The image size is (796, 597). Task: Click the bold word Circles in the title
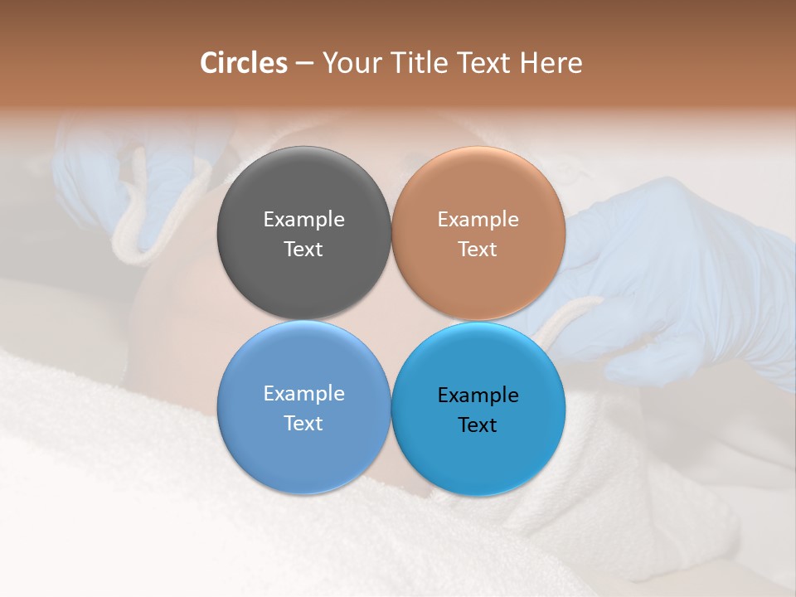tap(244, 63)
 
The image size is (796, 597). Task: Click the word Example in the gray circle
tap(303, 220)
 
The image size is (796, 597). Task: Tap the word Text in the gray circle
tap(303, 250)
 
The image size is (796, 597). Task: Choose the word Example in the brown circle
tap(478, 220)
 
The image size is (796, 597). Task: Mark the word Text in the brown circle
tap(478, 250)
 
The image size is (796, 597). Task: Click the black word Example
tap(478, 396)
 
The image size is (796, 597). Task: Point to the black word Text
tap(478, 425)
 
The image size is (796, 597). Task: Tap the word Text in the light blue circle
tap(303, 424)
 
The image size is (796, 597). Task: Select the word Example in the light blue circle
tap(303, 394)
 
